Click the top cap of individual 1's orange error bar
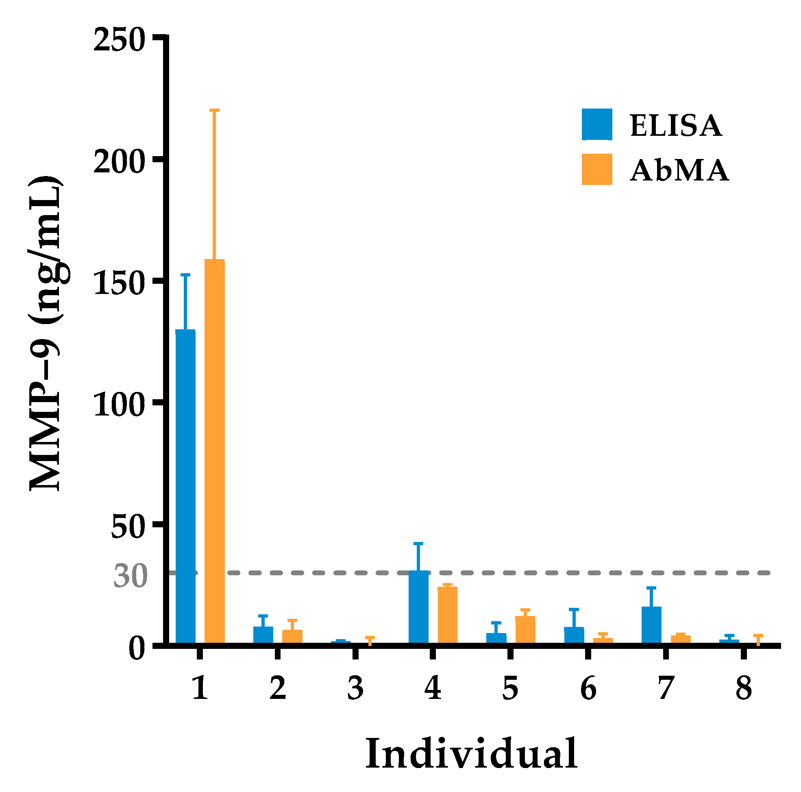point(214,110)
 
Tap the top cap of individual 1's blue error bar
point(185,274)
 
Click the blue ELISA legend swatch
point(597,124)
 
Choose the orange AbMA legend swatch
point(597,169)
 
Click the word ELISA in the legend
point(676,125)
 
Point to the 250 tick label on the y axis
point(119,41)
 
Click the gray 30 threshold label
point(130,577)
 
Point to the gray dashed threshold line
point(539,572)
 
